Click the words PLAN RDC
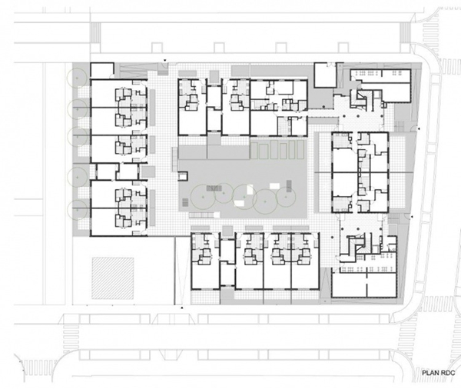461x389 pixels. (x=439, y=373)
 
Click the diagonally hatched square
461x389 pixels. (x=113, y=278)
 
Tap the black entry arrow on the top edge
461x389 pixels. (x=165, y=61)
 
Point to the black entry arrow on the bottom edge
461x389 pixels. (x=182, y=308)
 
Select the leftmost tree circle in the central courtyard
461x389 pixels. (x=203, y=197)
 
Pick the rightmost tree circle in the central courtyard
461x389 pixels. (x=286, y=196)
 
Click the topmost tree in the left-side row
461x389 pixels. (x=77, y=78)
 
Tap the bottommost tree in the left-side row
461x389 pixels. (x=77, y=209)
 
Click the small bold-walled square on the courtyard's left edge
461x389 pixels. (x=184, y=176)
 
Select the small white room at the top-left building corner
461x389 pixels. (x=101, y=70)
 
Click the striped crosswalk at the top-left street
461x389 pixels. (x=95, y=32)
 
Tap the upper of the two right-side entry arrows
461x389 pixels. (x=419, y=128)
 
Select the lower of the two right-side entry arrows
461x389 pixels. (x=412, y=217)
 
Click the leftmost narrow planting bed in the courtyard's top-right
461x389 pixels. (x=254, y=149)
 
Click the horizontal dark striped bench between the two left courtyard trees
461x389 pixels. (x=214, y=188)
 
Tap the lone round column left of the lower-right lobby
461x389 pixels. (x=332, y=236)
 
